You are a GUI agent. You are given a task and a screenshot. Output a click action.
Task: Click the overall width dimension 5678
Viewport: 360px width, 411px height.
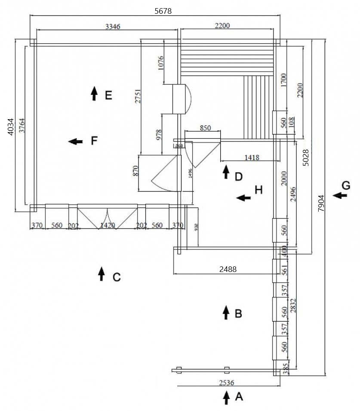(163, 12)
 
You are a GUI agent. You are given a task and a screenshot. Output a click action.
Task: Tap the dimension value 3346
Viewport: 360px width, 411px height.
(112, 26)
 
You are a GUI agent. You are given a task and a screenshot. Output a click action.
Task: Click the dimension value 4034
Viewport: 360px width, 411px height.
(11, 127)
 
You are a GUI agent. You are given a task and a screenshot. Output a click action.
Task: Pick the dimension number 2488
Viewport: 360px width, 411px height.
(228, 269)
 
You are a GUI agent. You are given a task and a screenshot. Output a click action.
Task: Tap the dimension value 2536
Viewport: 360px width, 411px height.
(227, 382)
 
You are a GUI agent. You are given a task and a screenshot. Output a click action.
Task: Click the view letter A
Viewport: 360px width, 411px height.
(239, 397)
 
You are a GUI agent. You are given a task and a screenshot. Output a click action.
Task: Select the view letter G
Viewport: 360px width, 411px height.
(346, 185)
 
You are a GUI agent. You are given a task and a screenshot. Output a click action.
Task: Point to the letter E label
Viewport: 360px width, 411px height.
(108, 95)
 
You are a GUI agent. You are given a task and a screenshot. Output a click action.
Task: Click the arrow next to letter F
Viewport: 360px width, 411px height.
(75, 141)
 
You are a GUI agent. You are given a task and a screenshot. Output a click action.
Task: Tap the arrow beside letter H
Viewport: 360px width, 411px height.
(244, 198)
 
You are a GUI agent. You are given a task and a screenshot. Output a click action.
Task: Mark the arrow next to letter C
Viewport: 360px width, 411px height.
(102, 274)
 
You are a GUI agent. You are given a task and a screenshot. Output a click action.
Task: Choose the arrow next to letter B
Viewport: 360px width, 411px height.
(226, 312)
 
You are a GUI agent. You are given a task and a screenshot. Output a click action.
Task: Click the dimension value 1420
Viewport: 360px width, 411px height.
(107, 225)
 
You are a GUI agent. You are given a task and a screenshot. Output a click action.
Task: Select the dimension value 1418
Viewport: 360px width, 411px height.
(252, 158)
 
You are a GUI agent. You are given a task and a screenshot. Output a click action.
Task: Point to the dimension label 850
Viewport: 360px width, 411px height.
(206, 128)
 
